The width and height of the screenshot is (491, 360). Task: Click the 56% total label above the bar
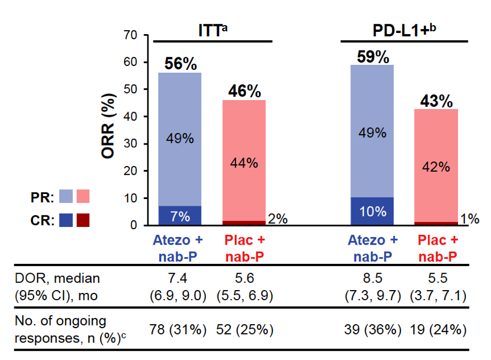179,64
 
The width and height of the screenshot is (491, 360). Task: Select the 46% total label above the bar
244,91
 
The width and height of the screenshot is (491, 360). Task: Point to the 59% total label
373,56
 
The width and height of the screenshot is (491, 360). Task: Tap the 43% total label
436,101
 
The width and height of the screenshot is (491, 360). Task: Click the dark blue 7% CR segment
180,216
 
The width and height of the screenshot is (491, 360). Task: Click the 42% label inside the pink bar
437,167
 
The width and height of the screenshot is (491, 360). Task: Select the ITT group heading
209,31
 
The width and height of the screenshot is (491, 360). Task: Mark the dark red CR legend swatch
82,219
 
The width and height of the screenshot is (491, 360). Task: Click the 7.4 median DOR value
180,278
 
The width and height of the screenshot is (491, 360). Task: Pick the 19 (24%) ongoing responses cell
436,329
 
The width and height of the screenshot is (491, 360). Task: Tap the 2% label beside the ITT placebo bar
278,219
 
